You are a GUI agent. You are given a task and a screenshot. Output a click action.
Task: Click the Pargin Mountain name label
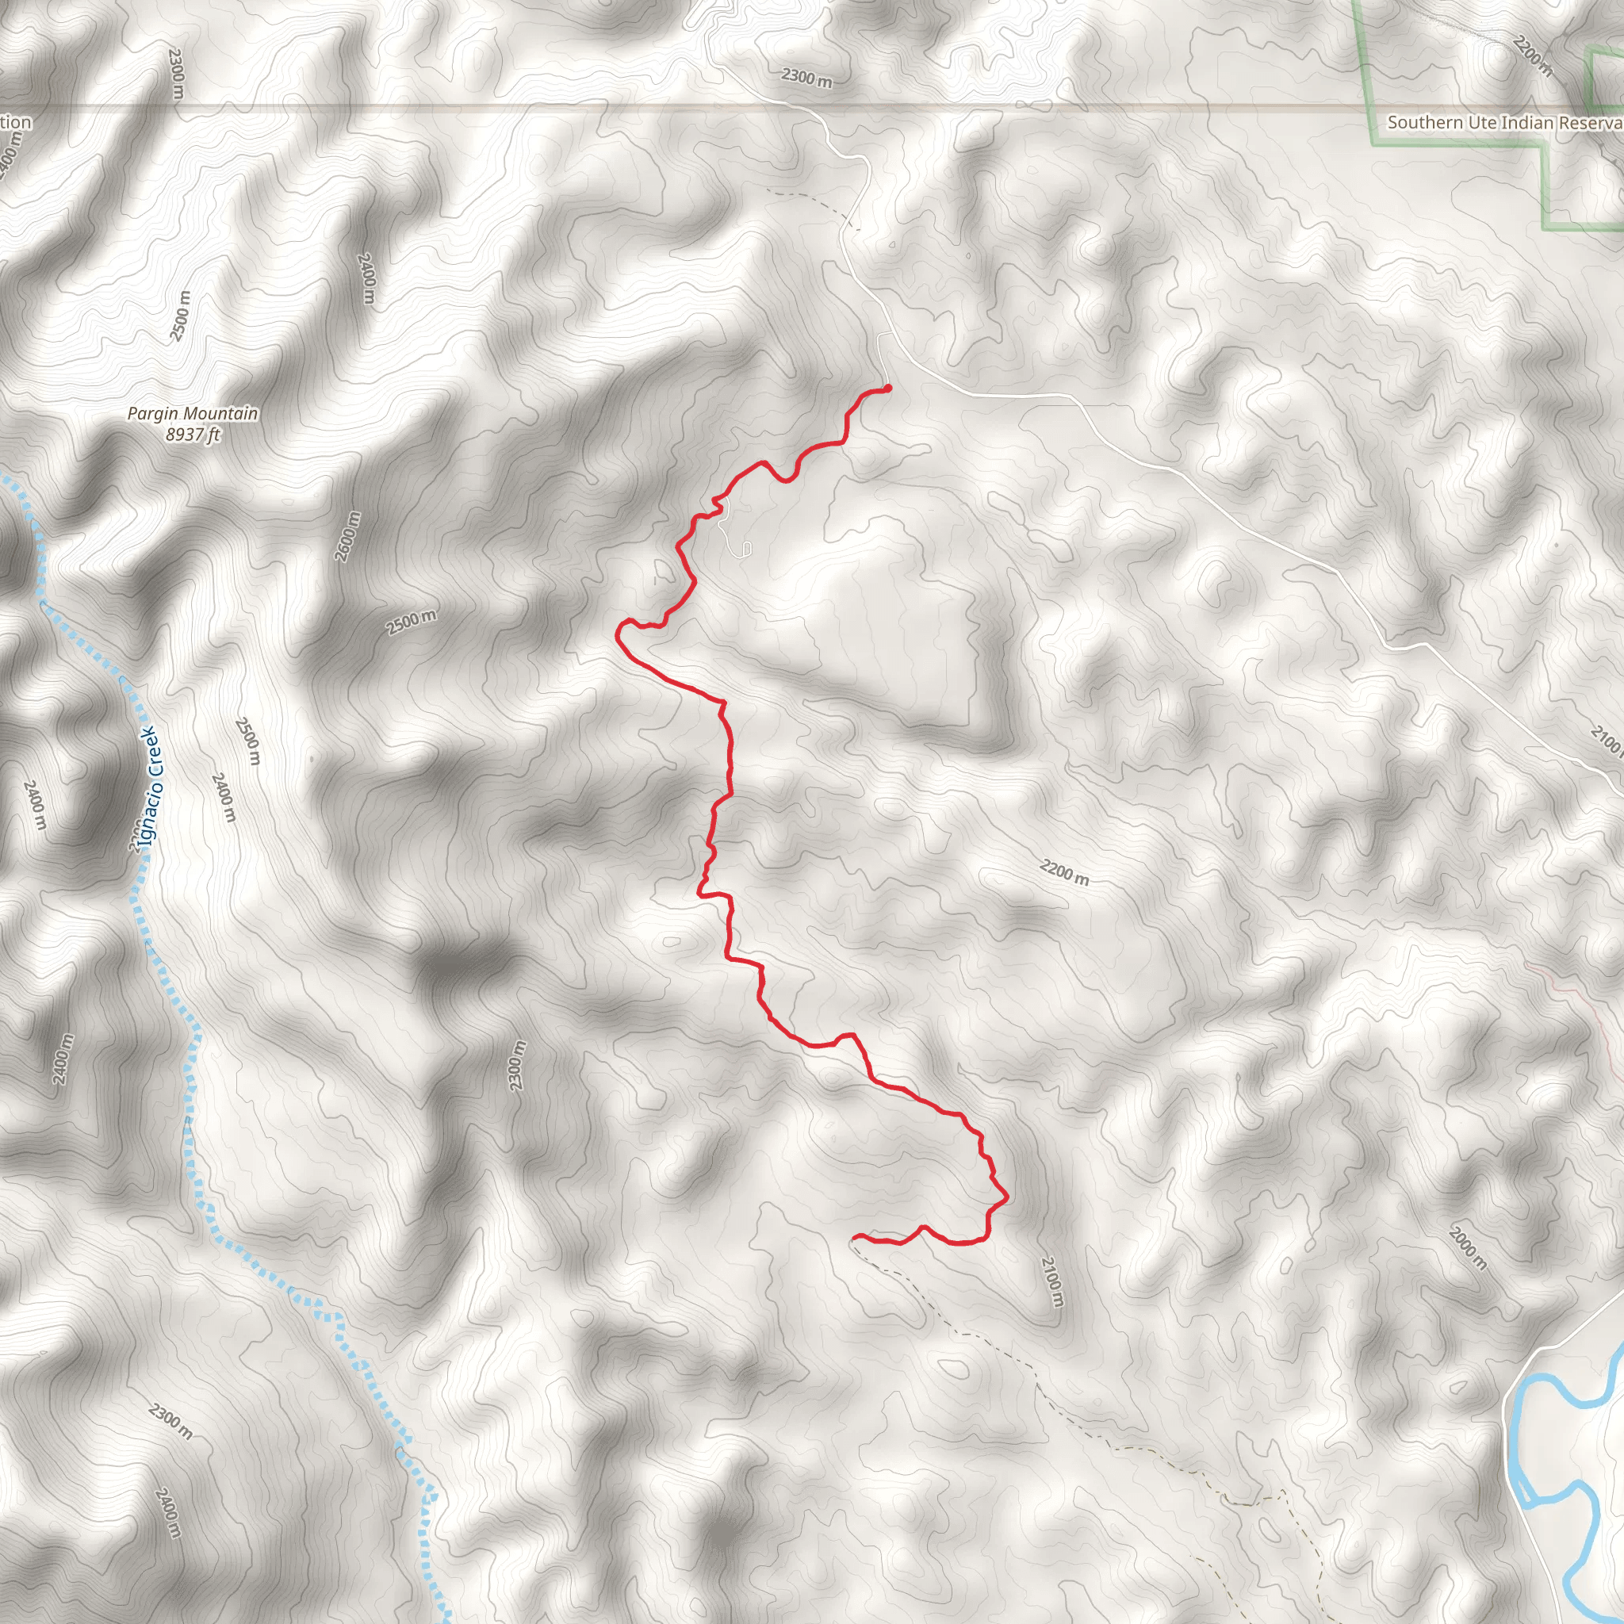click(x=193, y=414)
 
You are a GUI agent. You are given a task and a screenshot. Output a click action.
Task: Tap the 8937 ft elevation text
click(x=193, y=435)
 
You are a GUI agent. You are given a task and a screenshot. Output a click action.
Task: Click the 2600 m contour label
click(x=347, y=536)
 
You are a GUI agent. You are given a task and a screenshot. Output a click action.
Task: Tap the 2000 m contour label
click(x=1468, y=1248)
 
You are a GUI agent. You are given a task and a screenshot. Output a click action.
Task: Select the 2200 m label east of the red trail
click(x=1064, y=872)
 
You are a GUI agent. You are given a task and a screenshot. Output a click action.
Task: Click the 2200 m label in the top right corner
click(x=1531, y=56)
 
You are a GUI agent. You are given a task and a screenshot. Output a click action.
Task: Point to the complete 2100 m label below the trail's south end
click(x=1051, y=1282)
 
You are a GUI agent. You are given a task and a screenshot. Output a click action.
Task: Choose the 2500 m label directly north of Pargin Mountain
click(x=180, y=316)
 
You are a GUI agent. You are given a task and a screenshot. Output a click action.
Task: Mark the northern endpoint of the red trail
click(x=887, y=388)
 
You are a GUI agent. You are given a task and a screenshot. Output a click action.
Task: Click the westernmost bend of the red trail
click(x=619, y=631)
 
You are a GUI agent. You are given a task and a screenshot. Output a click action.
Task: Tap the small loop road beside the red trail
click(x=745, y=550)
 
